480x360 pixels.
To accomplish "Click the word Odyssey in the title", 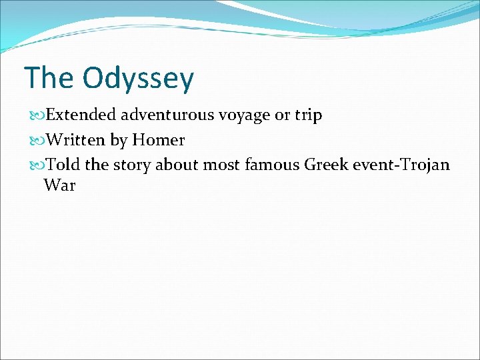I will click(x=138, y=79).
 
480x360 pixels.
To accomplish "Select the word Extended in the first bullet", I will click(x=81, y=115).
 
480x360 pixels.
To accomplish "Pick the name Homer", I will click(x=159, y=140).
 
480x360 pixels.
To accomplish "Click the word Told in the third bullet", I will click(x=63, y=165).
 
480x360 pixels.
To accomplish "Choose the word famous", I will click(x=273, y=165).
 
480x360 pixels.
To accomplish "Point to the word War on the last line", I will click(x=60, y=185).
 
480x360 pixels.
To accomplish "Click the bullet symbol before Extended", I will click(x=36, y=116).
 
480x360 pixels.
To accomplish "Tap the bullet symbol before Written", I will click(x=36, y=141).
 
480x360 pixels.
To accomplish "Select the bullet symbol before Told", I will click(x=36, y=165).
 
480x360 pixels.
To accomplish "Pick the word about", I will click(x=177, y=165).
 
